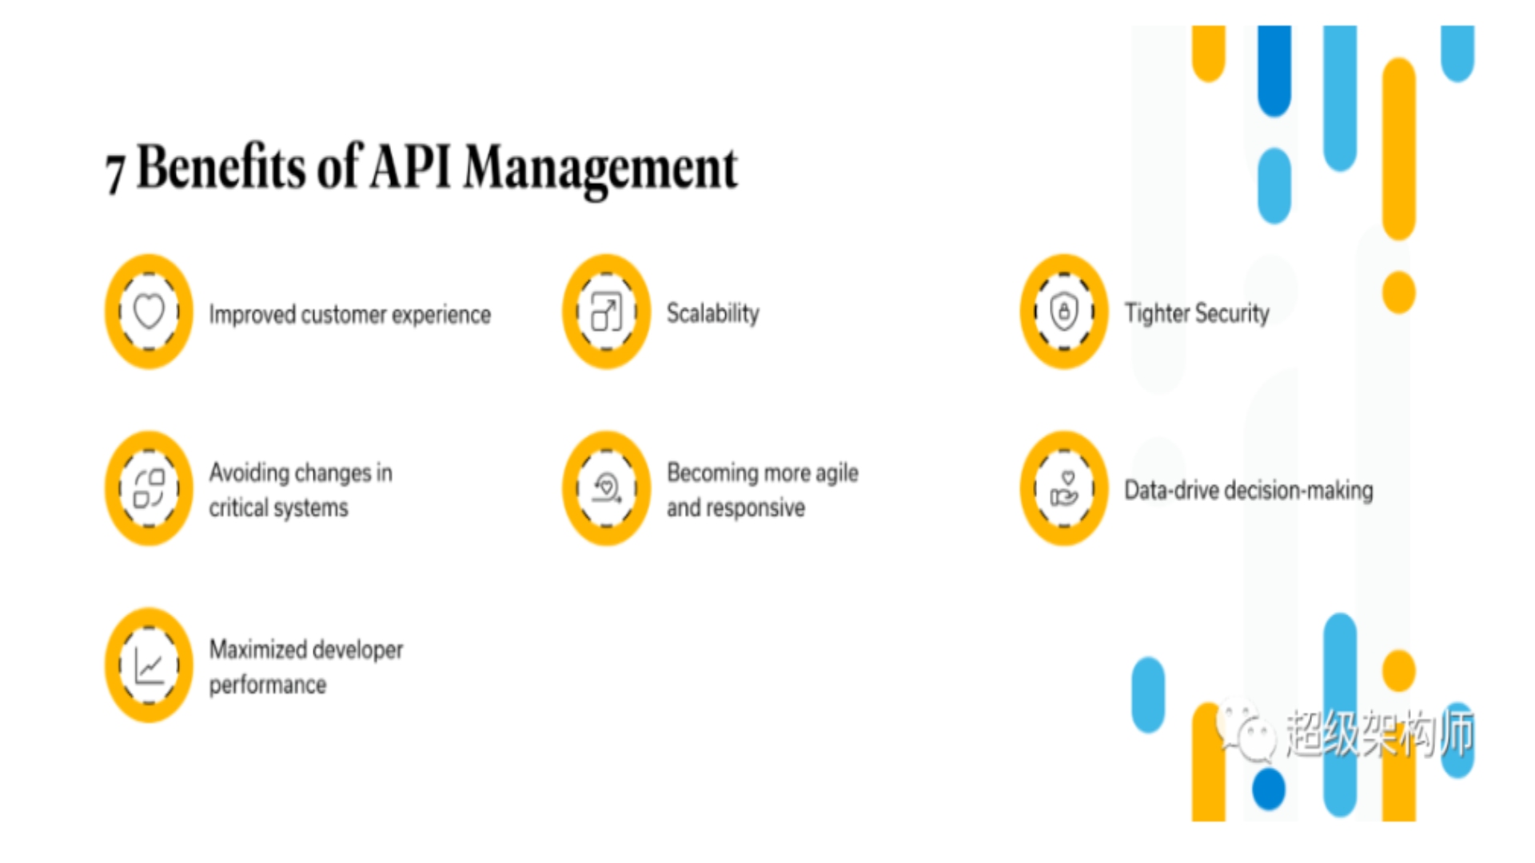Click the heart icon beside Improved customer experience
pos(149,312)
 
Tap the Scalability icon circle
pos(606,312)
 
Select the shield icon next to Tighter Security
pos(1064,312)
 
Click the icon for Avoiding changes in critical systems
pos(149,488)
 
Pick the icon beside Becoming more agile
pos(606,488)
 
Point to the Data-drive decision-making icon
pos(1064,488)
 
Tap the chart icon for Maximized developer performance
pos(149,665)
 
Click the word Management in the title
pos(601,169)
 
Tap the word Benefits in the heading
pos(221,166)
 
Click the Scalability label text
pos(713,313)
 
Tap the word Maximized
pos(255,649)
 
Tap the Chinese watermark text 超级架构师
pos(1380,733)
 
